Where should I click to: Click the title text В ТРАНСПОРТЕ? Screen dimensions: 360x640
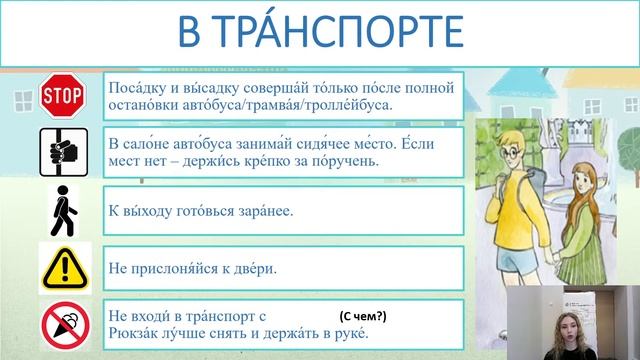point(320,33)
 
